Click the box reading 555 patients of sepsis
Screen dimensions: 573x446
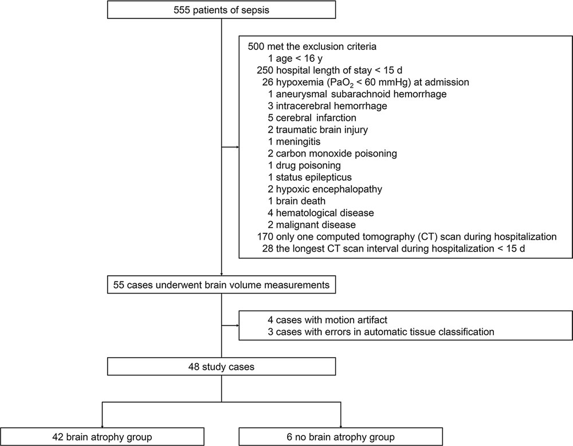(221, 10)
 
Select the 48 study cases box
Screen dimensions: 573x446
(221, 367)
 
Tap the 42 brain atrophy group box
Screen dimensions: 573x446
(102, 437)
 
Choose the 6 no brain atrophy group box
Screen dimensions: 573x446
(340, 437)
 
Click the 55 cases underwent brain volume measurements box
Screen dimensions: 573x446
(221, 285)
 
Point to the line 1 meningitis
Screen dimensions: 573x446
(294, 142)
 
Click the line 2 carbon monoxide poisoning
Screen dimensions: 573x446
(332, 154)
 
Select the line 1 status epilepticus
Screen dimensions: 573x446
(309, 177)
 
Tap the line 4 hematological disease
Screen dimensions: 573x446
(320, 213)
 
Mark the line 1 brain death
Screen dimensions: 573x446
(296, 201)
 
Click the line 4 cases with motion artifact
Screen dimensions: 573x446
(327, 320)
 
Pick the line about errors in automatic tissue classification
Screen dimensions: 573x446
(381, 332)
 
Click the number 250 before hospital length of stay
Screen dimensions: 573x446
(265, 70)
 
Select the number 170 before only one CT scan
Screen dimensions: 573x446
(265, 237)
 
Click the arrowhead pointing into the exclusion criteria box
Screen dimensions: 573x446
(237, 147)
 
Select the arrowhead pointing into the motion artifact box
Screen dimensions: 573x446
(237, 326)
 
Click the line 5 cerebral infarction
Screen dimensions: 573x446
(312, 118)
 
